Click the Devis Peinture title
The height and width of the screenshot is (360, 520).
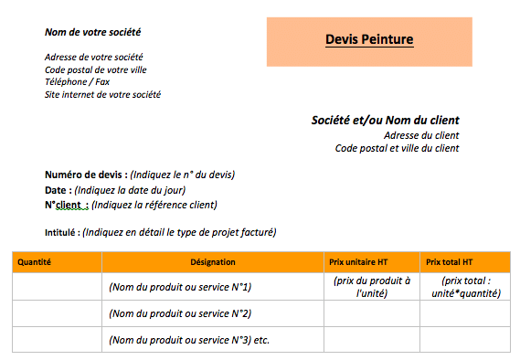(x=369, y=39)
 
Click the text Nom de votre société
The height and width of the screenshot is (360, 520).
(x=93, y=33)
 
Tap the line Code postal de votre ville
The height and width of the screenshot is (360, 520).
(x=96, y=69)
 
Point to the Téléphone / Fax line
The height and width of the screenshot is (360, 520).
(x=77, y=81)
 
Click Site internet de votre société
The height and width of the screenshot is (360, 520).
(x=103, y=94)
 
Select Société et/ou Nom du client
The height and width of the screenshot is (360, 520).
(x=385, y=120)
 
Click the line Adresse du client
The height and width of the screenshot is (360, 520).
(x=421, y=135)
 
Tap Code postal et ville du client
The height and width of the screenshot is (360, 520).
(x=397, y=148)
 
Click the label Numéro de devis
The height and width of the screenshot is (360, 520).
(x=85, y=175)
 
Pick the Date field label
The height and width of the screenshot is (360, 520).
(x=57, y=190)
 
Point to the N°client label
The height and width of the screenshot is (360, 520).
(x=66, y=205)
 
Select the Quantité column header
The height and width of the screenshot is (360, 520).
(x=35, y=261)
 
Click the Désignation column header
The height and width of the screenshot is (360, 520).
(x=213, y=261)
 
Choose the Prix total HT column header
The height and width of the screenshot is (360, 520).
(x=450, y=261)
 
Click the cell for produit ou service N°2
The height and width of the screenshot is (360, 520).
(x=180, y=313)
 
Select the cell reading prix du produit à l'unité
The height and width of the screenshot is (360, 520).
(x=372, y=287)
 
